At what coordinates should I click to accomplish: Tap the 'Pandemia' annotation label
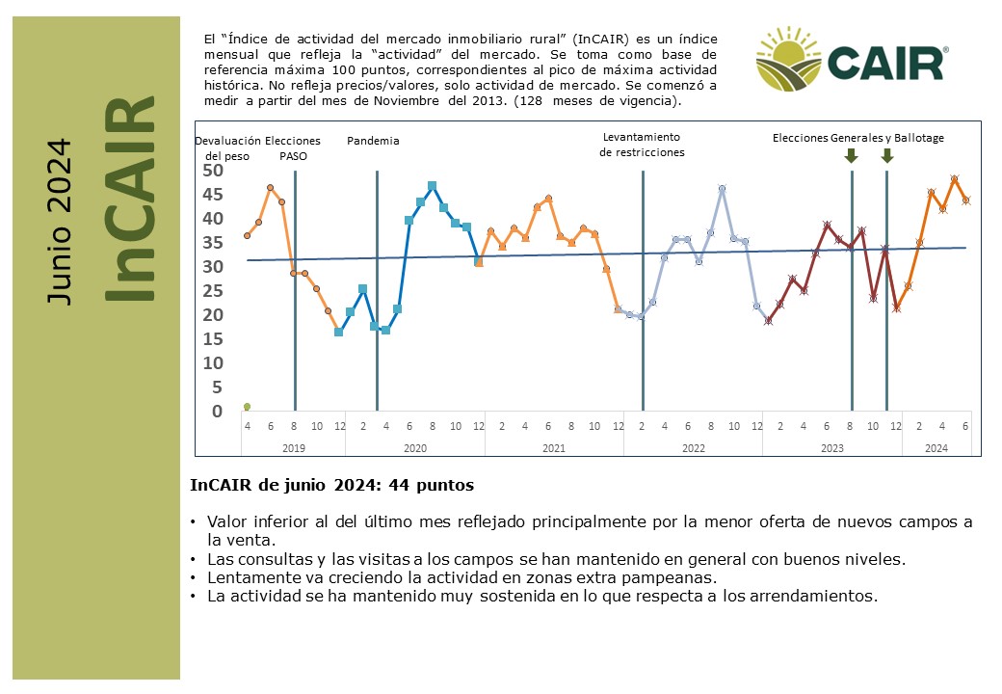(x=373, y=141)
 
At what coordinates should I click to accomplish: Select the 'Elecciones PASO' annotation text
(x=293, y=147)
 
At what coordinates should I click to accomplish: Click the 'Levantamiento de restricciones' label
(x=642, y=145)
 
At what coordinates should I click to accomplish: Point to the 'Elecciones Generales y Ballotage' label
(x=857, y=138)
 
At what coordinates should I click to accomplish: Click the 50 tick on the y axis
(x=213, y=171)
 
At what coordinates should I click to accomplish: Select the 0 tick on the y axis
(x=218, y=412)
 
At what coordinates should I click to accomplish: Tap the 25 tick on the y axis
(x=213, y=291)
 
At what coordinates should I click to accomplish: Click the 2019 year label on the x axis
(x=293, y=448)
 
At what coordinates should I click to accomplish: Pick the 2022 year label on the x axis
(x=693, y=448)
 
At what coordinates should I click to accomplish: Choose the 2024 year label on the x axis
(x=936, y=448)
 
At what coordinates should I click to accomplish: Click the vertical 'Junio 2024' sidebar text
(x=60, y=222)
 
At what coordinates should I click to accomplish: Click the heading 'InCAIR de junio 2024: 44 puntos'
(x=332, y=485)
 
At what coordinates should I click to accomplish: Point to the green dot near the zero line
(x=247, y=407)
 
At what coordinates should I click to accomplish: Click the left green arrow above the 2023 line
(x=851, y=155)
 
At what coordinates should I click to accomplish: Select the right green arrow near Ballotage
(x=887, y=155)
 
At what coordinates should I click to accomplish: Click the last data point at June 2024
(x=965, y=200)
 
